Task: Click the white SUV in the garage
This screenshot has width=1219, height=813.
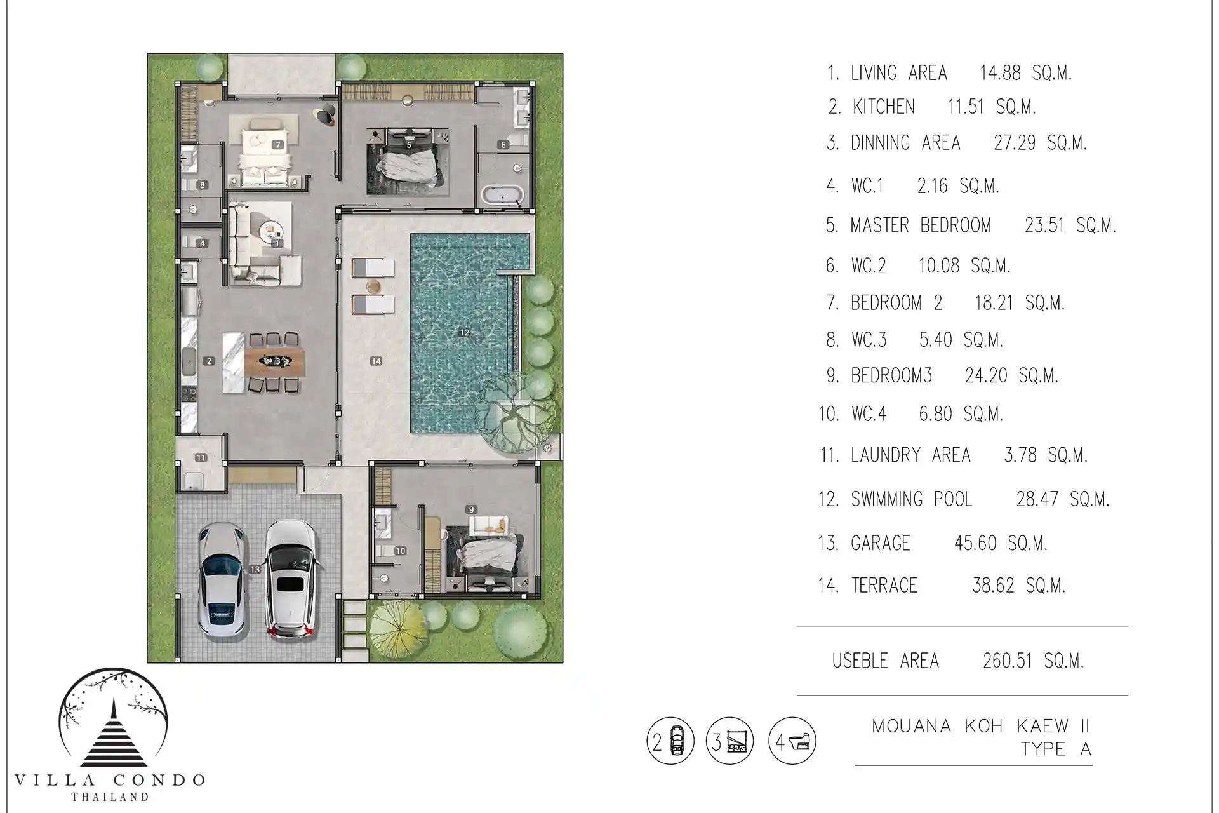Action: tap(290, 579)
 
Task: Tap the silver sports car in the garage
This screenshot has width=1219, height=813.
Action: tap(222, 580)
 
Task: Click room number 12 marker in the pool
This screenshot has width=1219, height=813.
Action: tap(464, 332)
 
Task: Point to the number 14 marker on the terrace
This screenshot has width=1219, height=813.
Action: tap(376, 361)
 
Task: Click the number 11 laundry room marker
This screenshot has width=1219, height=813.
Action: tap(201, 457)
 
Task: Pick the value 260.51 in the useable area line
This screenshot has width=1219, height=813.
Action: tap(1007, 661)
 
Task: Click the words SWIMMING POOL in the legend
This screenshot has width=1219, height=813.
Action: tap(912, 499)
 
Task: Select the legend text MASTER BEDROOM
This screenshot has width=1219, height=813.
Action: tap(921, 225)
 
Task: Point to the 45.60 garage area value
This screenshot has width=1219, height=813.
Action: tap(975, 543)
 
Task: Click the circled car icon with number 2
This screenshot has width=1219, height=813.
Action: tap(670, 741)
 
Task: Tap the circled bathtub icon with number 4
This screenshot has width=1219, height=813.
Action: tap(792, 741)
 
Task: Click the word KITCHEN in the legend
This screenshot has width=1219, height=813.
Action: tap(883, 107)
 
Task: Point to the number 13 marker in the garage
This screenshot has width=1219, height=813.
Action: tap(255, 569)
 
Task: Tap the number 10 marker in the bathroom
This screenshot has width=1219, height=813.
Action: tap(400, 551)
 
